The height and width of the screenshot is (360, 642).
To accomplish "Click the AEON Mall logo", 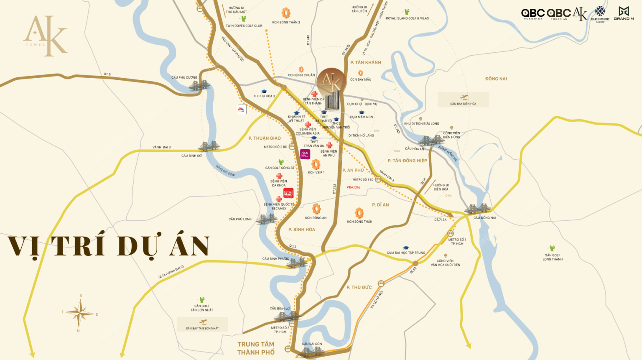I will (x=305, y=154).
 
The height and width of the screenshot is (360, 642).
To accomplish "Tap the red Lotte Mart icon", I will (x=288, y=194).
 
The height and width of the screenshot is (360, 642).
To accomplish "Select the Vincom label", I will (x=353, y=187).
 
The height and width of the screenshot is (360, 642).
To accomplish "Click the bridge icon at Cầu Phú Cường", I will (x=199, y=86).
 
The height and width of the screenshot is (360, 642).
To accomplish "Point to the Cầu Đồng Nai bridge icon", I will (x=476, y=209).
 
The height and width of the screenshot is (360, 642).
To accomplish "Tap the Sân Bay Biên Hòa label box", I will (x=463, y=100).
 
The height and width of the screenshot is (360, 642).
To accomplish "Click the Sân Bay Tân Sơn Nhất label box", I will (x=202, y=324).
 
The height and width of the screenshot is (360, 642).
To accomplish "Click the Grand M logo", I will (x=624, y=13).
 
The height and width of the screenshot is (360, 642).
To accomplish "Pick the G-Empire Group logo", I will (x=600, y=14).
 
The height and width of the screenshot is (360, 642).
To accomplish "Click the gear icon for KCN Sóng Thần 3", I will (x=286, y=13).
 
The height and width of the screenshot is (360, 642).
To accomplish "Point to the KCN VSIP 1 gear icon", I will (x=316, y=164).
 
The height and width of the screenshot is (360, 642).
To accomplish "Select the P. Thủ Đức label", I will (x=359, y=287).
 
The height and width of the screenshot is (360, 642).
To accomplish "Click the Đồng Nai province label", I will (x=496, y=79).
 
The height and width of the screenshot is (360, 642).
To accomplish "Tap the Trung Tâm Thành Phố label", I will (x=256, y=348).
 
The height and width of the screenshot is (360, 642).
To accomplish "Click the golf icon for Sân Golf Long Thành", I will (x=552, y=248).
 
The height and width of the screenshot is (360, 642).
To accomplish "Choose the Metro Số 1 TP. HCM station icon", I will (x=451, y=233).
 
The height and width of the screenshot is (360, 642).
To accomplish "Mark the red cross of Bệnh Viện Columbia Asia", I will (x=308, y=125).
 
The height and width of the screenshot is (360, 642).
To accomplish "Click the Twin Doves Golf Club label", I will (x=244, y=26).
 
